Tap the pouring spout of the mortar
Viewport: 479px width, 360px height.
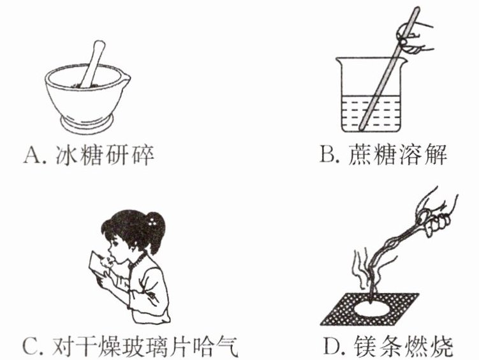click(x=125, y=76)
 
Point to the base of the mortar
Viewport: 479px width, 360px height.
click(x=87, y=123)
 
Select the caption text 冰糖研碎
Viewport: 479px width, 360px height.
click(x=105, y=155)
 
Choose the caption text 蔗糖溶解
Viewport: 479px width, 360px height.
click(x=397, y=154)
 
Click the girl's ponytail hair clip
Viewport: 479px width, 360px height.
click(x=152, y=221)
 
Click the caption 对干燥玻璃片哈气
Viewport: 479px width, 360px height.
click(x=145, y=346)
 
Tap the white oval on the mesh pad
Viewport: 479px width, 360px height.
click(x=371, y=308)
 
